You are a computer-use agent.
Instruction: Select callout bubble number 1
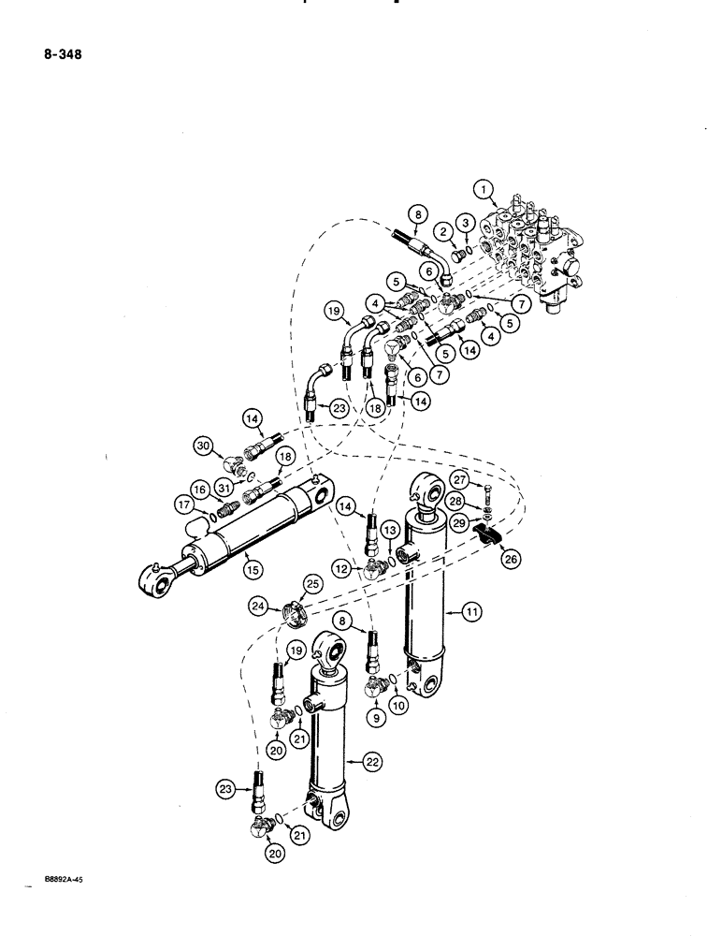pos(485,191)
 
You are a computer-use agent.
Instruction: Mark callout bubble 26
pos(511,559)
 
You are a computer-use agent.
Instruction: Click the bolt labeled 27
pos(487,490)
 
